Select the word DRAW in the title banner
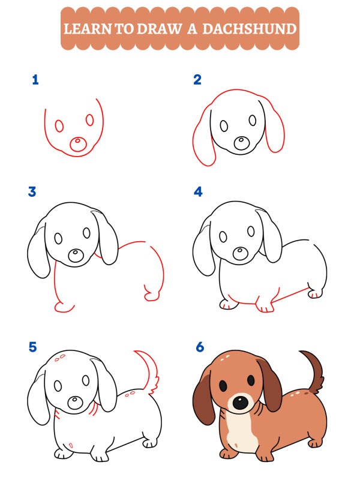(158, 28)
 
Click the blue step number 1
(35, 79)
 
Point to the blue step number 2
(197, 79)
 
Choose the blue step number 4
(198, 192)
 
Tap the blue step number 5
(32, 347)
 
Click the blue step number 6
(199, 347)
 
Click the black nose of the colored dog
(239, 403)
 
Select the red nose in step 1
(77, 144)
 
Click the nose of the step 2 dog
(242, 143)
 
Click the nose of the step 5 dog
(75, 402)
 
